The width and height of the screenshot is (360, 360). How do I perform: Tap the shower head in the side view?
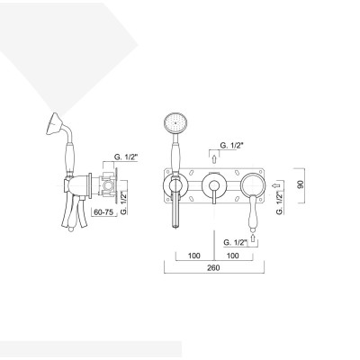[x=51, y=128]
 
